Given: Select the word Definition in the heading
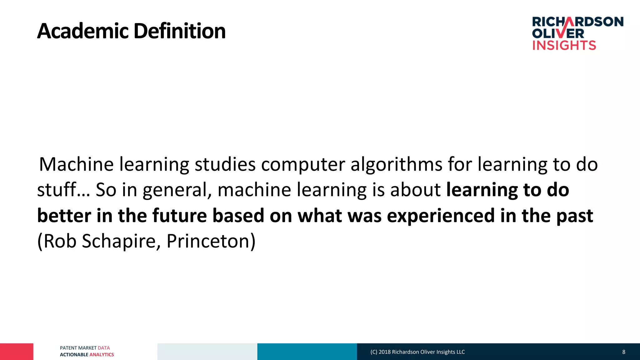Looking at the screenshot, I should [x=179, y=31].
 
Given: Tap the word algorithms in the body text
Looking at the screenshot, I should [x=396, y=165].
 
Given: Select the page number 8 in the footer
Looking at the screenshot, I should [x=624, y=352].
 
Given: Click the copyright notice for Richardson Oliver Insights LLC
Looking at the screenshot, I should [x=417, y=352].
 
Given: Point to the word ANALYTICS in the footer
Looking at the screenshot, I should [x=102, y=355].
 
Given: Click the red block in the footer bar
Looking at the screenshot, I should [x=17, y=352].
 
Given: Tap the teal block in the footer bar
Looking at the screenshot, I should [x=307, y=352].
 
